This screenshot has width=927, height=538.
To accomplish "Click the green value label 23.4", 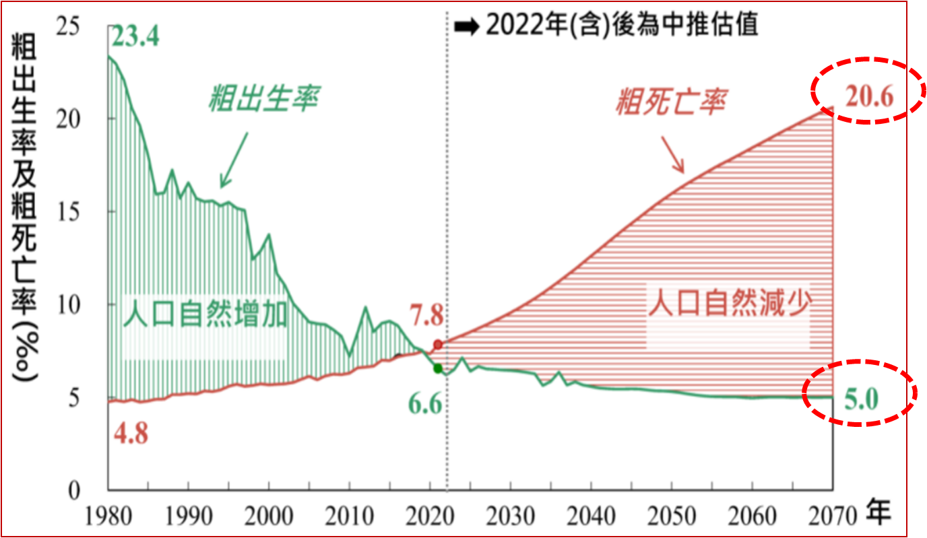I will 135,36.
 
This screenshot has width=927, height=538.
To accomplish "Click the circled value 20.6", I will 870,97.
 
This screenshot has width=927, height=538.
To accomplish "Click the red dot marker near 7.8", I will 438,345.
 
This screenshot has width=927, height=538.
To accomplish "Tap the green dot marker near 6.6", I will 438,368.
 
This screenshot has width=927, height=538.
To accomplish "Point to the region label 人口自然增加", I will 205,314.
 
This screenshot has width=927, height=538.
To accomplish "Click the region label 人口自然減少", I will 728,304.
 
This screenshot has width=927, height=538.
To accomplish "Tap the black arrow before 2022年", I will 466,26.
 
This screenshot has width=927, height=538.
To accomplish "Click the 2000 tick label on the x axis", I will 269,516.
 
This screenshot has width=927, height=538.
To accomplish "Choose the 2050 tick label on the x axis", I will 672,516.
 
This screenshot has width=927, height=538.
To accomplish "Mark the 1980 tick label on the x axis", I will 108,516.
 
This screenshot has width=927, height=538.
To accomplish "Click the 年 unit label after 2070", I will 878,514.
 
